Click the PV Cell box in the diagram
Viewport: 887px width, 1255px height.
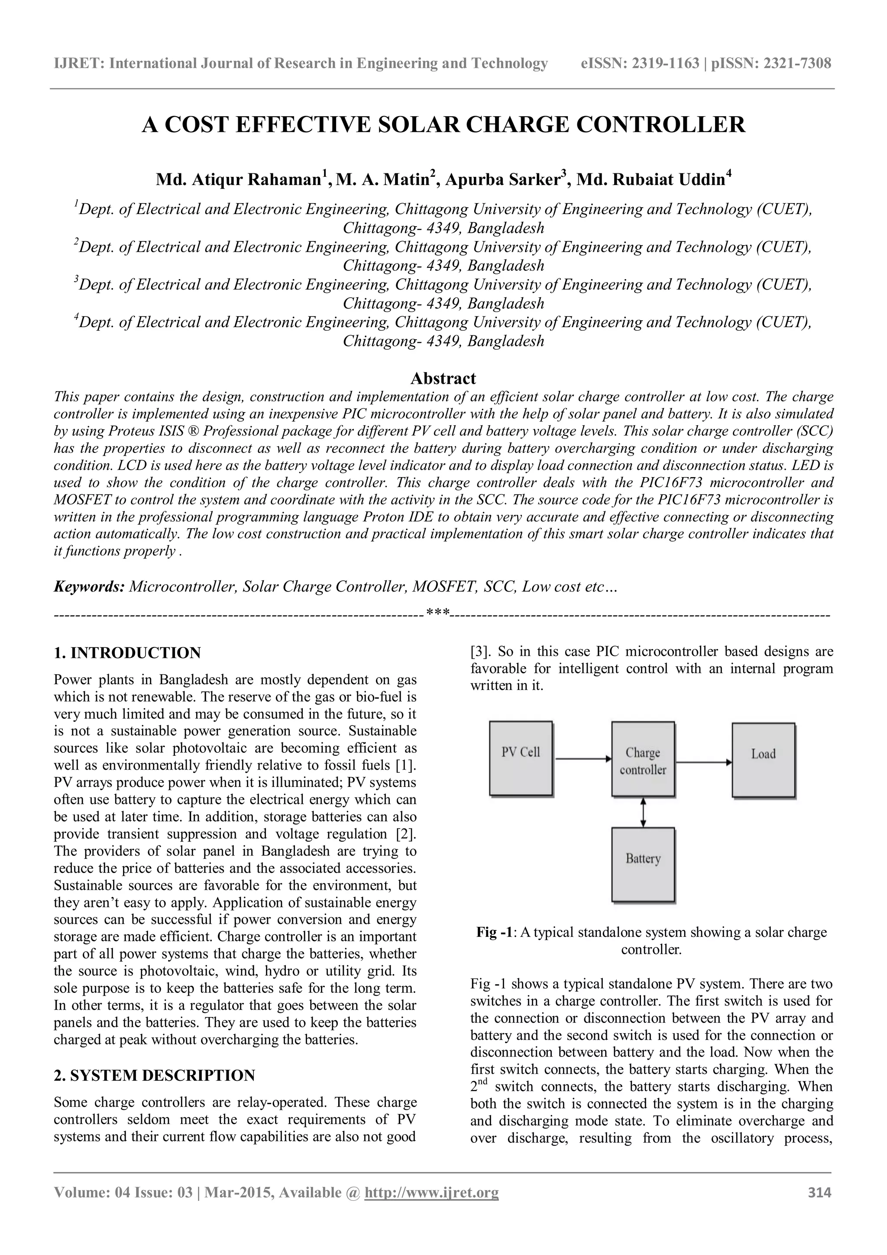tap(521, 758)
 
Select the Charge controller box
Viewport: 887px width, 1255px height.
tap(643, 759)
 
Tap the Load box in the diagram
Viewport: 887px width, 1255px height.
tap(763, 759)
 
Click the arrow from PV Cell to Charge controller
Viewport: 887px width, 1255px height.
tap(582, 759)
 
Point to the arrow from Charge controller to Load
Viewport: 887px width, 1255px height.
tap(703, 761)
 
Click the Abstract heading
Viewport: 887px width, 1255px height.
tap(443, 378)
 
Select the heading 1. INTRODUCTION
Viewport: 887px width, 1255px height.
tap(127, 653)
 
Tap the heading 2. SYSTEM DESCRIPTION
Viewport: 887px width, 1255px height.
tap(154, 1075)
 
